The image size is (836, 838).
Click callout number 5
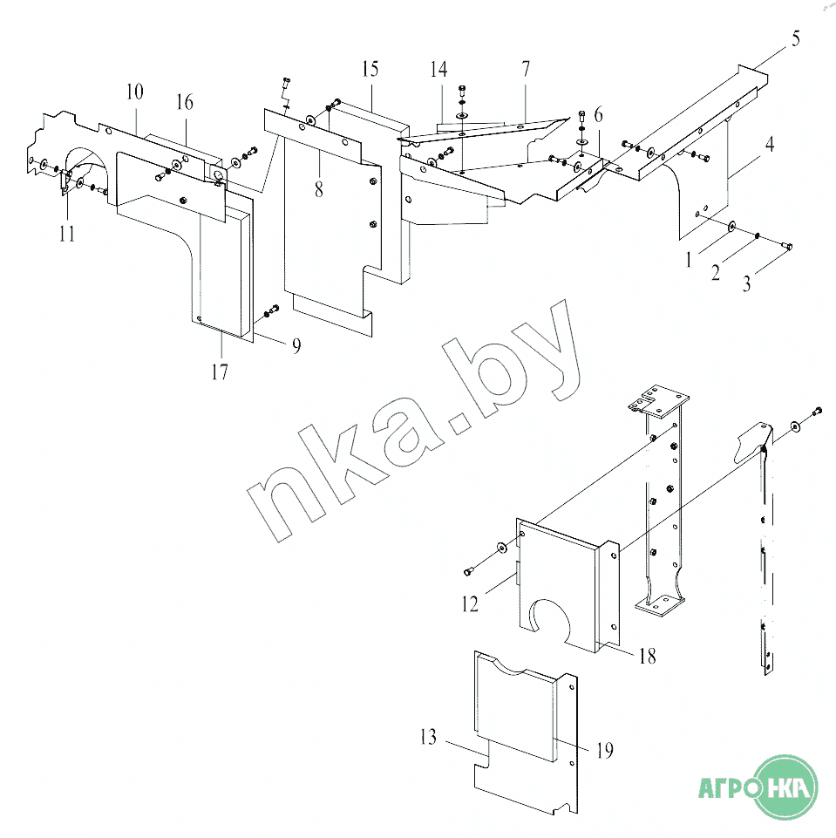(x=795, y=38)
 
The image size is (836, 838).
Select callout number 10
(x=134, y=92)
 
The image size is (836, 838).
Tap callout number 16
(x=184, y=102)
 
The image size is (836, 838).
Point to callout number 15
(x=370, y=69)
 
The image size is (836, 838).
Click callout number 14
(x=438, y=69)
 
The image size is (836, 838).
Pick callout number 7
(x=526, y=69)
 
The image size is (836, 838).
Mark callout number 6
(x=598, y=114)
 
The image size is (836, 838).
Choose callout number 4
(x=769, y=144)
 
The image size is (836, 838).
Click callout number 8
(x=319, y=188)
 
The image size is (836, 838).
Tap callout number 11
(x=67, y=234)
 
